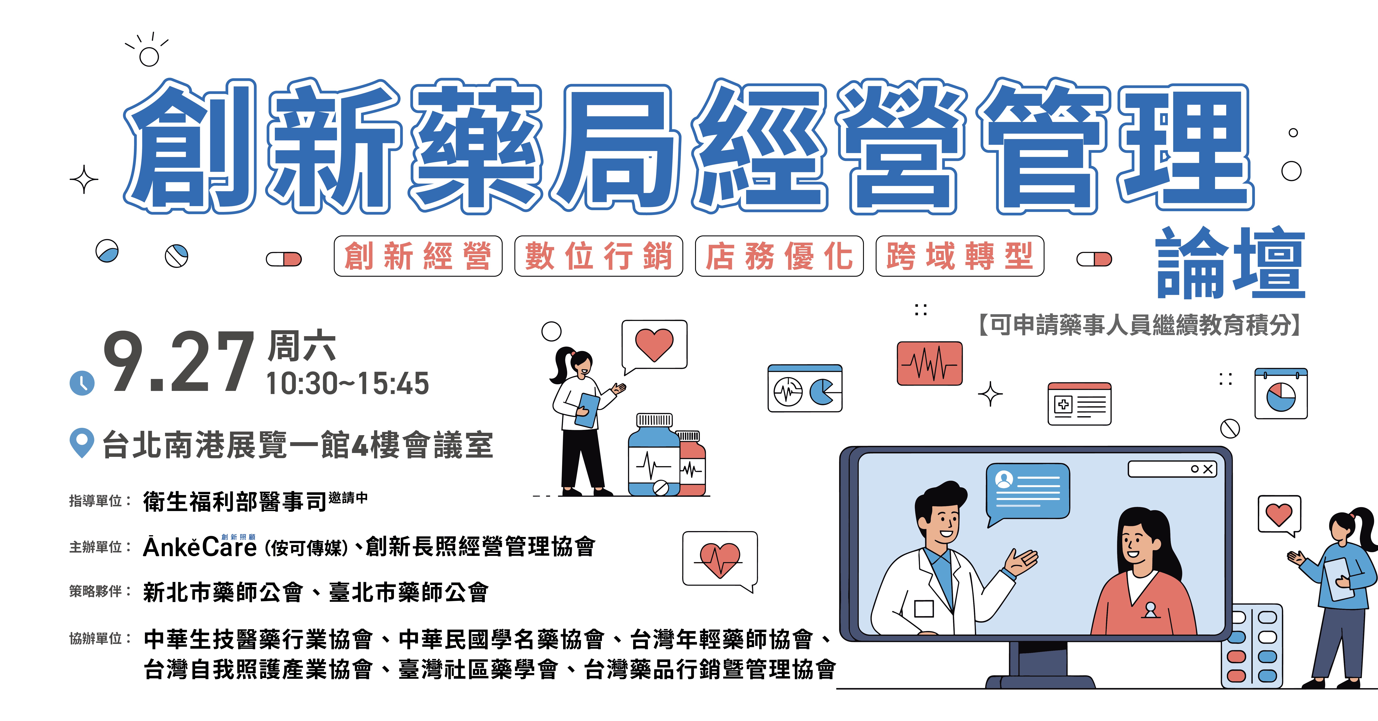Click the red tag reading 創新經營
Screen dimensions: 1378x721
point(418,256)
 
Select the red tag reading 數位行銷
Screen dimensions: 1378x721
point(599,256)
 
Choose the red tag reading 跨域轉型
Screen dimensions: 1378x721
point(960,256)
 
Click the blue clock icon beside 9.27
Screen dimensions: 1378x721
point(82,383)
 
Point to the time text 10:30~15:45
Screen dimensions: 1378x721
point(348,384)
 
